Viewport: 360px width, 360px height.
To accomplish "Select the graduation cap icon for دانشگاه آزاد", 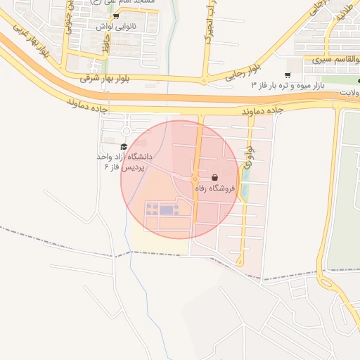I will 124,146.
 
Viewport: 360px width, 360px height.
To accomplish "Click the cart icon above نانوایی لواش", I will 116,15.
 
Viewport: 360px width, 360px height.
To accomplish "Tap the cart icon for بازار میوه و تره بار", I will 287,75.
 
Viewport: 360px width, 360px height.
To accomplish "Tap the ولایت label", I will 347,93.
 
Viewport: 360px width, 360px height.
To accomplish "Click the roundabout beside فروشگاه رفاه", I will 195,179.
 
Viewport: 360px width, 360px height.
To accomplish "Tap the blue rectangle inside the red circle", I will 166,210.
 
